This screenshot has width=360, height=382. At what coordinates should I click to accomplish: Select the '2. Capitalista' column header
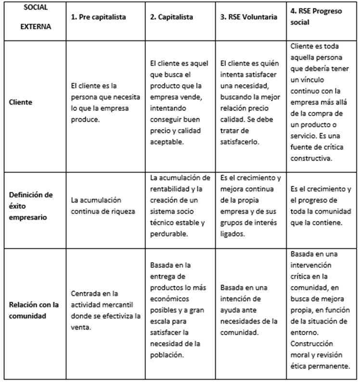tap(172, 17)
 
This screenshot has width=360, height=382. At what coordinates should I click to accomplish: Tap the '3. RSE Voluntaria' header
tap(248, 17)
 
